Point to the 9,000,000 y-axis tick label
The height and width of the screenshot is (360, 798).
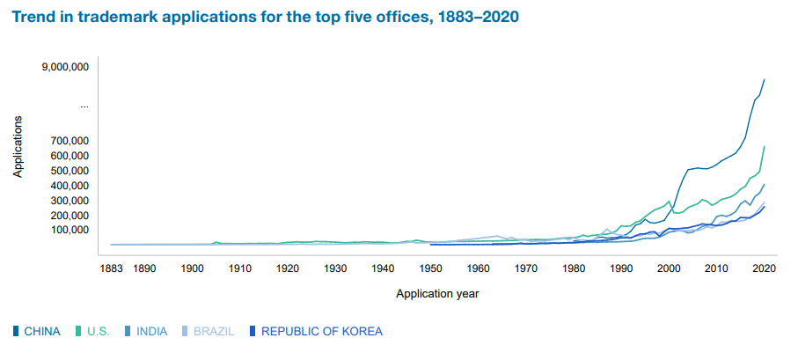(x=65, y=67)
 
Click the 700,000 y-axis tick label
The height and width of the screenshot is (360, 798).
(x=69, y=141)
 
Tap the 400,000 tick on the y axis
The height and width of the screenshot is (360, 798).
(x=69, y=186)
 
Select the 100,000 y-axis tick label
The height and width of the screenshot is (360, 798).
(x=69, y=230)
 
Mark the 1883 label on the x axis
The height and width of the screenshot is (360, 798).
(x=111, y=268)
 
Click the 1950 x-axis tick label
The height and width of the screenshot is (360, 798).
(x=430, y=268)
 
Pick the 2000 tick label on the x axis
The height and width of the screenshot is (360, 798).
(x=669, y=268)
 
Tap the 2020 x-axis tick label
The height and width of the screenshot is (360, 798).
(x=764, y=268)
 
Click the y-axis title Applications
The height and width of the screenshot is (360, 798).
(x=18, y=147)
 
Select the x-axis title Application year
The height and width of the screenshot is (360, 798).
(x=437, y=293)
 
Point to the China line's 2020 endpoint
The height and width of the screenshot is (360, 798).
(x=764, y=79)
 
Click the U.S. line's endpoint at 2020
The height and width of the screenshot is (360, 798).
(x=764, y=146)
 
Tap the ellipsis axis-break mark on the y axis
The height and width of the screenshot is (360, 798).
(x=84, y=106)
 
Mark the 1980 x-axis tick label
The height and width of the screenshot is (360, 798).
(x=574, y=268)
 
